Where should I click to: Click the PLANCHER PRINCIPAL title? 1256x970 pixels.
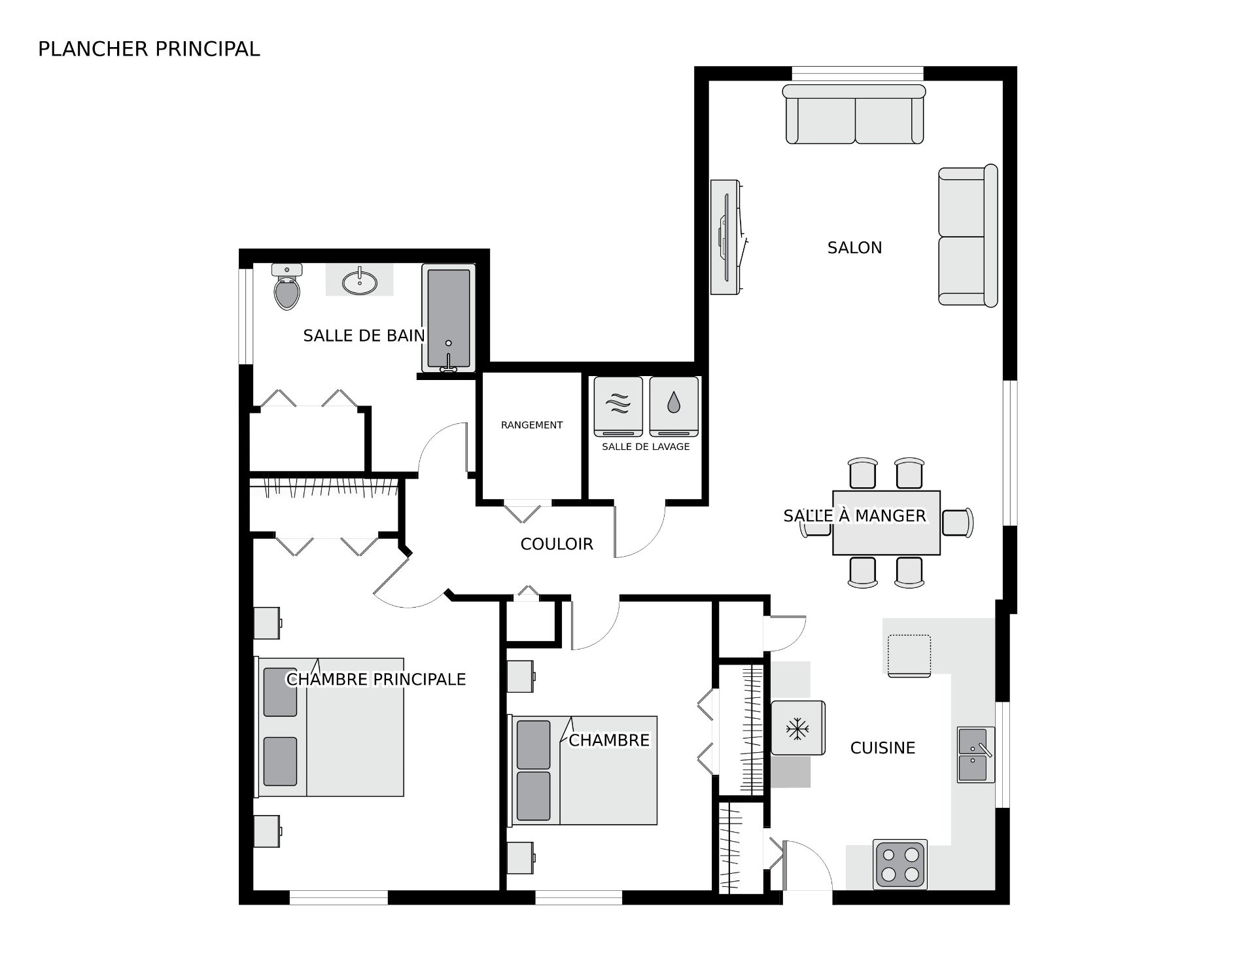coord(149,49)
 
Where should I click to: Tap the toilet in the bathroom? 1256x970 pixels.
coord(287,286)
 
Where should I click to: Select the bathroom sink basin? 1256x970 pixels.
coord(359,282)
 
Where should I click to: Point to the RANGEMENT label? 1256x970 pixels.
coord(532,425)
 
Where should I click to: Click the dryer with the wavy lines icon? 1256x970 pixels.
coord(618,406)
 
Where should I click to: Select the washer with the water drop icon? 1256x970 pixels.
coord(674,406)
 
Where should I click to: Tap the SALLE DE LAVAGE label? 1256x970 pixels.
coord(646,447)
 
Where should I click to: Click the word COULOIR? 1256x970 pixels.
coord(557,544)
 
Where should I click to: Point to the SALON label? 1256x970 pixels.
coord(854,248)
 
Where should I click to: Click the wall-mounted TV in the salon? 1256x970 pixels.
coord(727,237)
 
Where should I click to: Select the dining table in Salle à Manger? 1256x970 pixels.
coord(886,523)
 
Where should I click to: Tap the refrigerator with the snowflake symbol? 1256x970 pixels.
coord(797,728)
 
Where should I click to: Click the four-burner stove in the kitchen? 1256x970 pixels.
coord(900,865)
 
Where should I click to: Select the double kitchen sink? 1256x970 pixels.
coord(975,755)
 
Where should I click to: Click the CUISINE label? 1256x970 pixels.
coord(882,748)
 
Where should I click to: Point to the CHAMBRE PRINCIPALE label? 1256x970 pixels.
coord(376,680)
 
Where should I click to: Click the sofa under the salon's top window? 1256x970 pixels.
coord(854,114)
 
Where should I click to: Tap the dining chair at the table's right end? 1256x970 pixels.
coord(958,523)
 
